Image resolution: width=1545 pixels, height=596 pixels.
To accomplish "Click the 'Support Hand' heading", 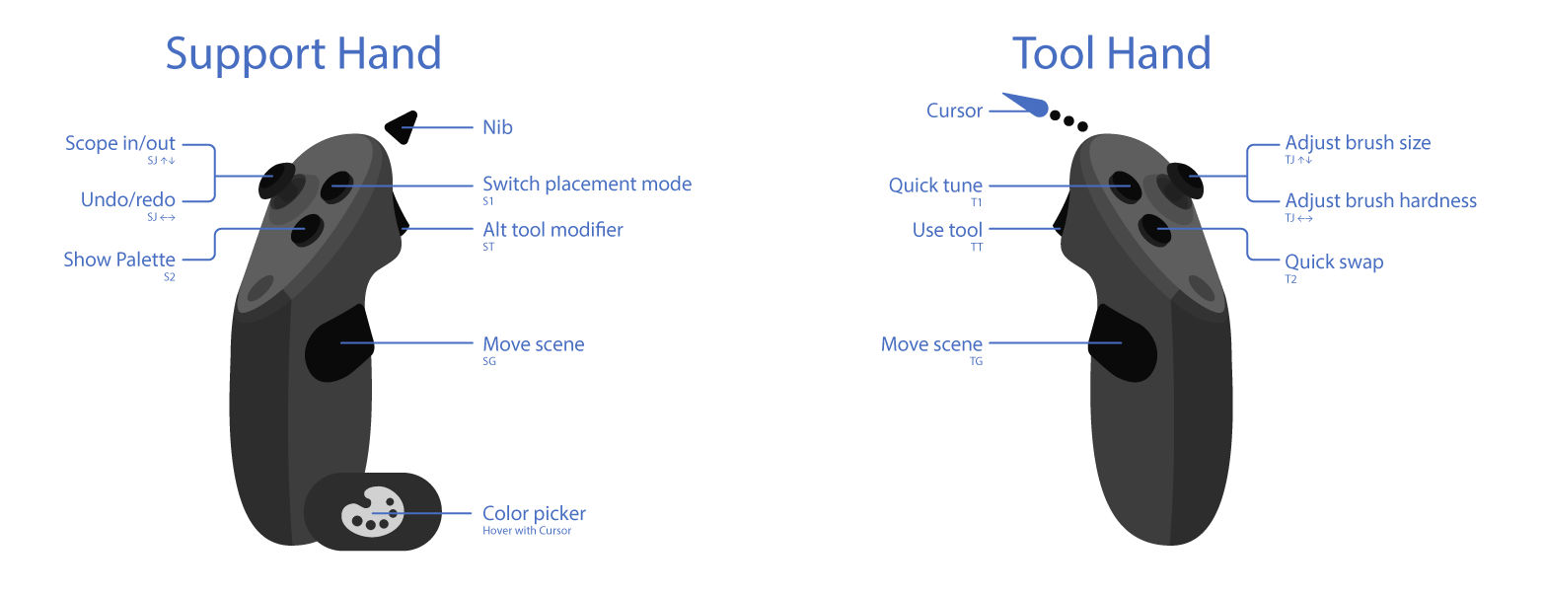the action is (x=304, y=55).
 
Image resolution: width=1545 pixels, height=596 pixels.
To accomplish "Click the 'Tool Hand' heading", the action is (x=1111, y=54).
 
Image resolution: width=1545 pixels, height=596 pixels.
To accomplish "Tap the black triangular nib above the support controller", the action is (x=402, y=127).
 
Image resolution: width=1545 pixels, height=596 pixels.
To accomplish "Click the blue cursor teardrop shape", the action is (x=1026, y=105).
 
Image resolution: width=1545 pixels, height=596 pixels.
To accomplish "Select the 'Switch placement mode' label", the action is (x=587, y=184).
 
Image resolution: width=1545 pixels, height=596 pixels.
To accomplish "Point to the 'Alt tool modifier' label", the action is (x=552, y=229).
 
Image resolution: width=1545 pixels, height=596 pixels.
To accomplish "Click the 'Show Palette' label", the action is (x=119, y=260).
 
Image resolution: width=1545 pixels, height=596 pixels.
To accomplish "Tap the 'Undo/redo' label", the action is (x=127, y=199).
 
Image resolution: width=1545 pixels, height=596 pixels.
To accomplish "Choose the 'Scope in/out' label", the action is (x=120, y=143).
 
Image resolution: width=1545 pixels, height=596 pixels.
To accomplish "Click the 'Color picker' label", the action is (x=534, y=513).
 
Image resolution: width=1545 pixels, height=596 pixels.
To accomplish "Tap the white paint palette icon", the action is (x=373, y=512).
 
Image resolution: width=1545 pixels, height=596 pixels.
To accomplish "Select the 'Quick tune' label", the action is (x=935, y=185).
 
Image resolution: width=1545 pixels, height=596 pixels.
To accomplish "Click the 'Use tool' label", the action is (x=947, y=230).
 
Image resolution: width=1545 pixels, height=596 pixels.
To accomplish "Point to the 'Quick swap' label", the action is (x=1334, y=262).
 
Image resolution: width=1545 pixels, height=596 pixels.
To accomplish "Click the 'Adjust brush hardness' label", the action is (x=1381, y=200).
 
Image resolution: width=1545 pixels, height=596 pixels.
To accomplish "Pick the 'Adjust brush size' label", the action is (x=1358, y=143).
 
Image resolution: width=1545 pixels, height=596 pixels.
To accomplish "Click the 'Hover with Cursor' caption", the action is (x=527, y=531).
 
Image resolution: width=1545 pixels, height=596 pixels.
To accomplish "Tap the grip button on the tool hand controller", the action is (x=1121, y=342).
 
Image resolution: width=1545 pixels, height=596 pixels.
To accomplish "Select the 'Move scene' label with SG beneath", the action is (x=533, y=343).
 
